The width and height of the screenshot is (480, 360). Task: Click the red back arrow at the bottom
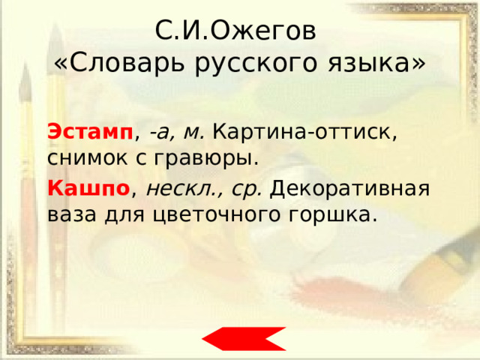pos(244,338)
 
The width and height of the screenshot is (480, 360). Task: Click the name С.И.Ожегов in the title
pos(235,31)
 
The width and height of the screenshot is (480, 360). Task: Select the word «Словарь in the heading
pos(120,63)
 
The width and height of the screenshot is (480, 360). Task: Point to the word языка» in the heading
pos(376,64)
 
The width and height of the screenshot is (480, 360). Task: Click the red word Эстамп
pos(90,132)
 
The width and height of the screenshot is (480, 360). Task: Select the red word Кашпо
pos(88,188)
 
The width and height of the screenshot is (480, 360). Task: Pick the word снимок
pos(87,158)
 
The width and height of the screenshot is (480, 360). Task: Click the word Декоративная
pos(350,189)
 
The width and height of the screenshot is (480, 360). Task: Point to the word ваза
pos(72,215)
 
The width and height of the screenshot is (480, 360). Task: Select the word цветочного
pos(216,216)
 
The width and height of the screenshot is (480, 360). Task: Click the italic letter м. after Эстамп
pos(193,133)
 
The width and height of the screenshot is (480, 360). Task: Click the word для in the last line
pos(124,216)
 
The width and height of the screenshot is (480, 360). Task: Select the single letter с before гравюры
pos(140,158)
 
